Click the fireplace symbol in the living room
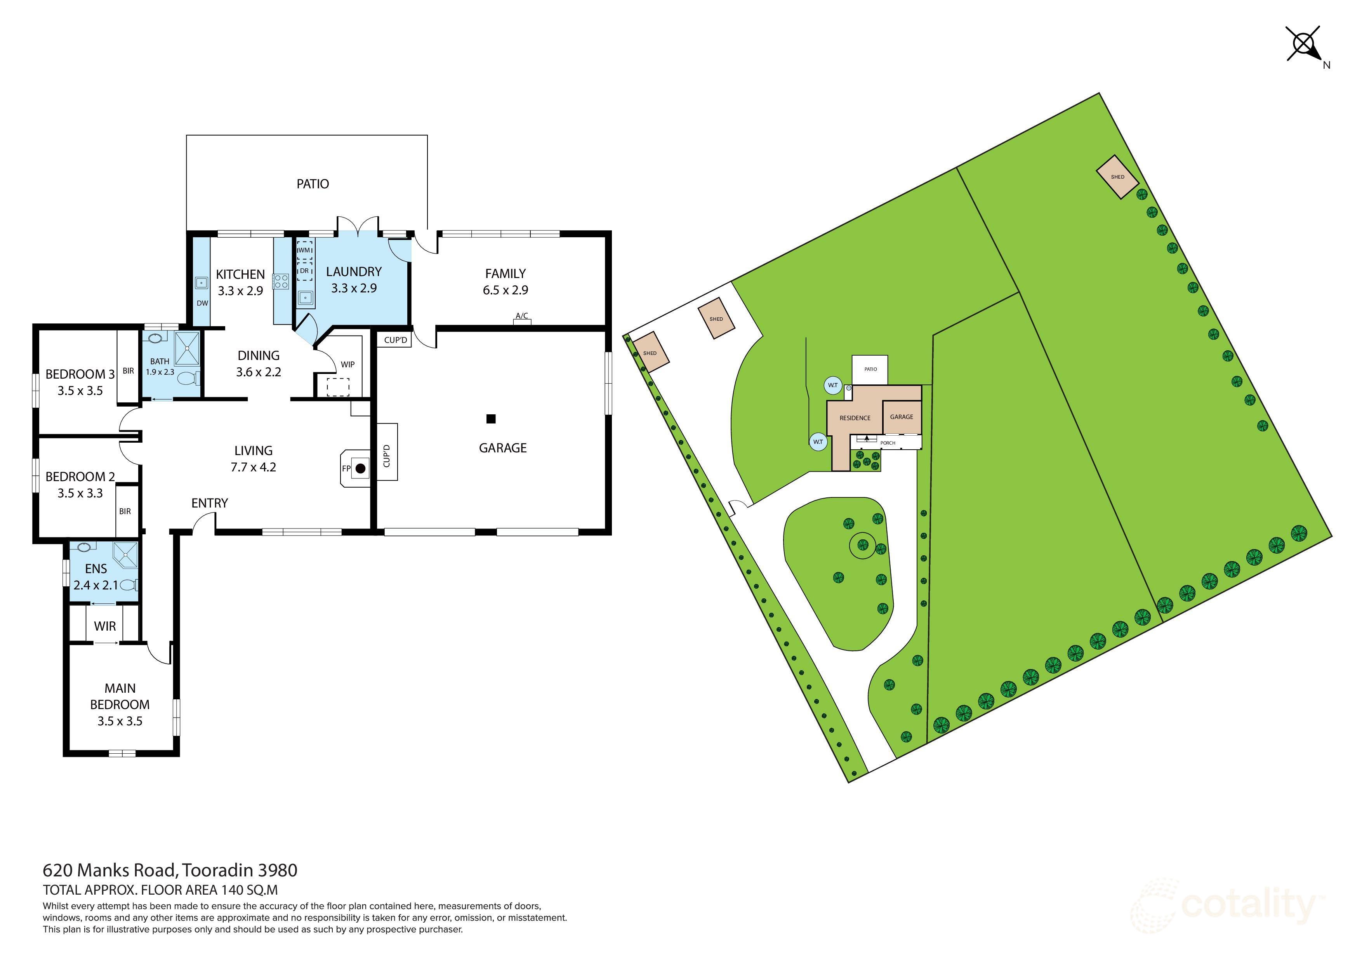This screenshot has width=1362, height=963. click(360, 469)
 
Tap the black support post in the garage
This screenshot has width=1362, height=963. click(491, 419)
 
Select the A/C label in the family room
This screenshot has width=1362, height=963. click(521, 316)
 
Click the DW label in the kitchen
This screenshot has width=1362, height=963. click(202, 303)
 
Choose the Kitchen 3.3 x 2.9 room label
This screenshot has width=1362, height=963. click(240, 282)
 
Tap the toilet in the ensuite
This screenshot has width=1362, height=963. click(129, 586)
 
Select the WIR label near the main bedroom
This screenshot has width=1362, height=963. click(105, 626)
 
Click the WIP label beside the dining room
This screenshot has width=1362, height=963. click(347, 364)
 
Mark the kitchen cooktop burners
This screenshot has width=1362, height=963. click(281, 281)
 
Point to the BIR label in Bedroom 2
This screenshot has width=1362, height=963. click(125, 511)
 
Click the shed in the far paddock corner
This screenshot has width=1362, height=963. click(1117, 177)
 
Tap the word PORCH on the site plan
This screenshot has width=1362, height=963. click(888, 443)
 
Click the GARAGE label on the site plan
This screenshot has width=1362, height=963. click(901, 417)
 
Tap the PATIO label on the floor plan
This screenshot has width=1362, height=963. click(313, 184)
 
